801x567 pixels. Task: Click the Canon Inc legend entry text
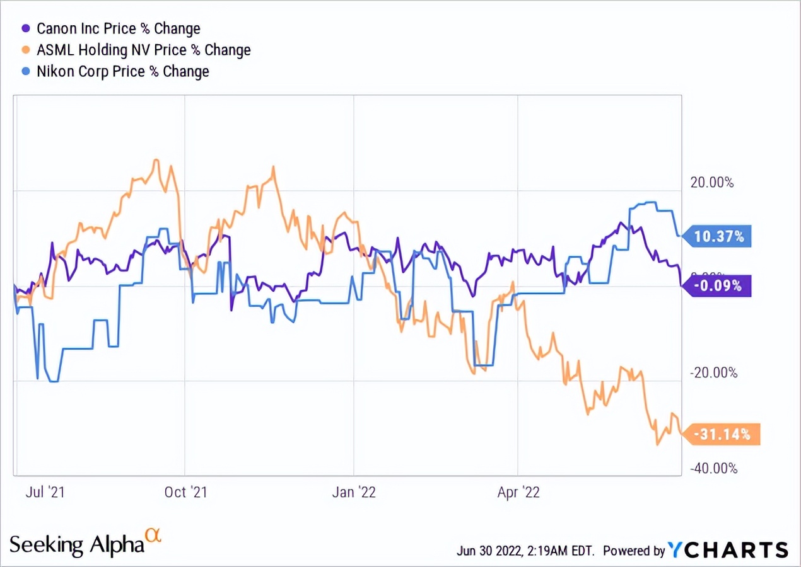[x=119, y=29]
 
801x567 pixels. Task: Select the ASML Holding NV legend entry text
[x=144, y=50]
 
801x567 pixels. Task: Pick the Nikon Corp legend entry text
[x=123, y=71]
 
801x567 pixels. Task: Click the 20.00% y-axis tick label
[x=713, y=183]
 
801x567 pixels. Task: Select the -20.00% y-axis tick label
[x=713, y=373]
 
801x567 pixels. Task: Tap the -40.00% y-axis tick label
[x=713, y=469]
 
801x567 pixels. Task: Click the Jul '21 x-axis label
[x=45, y=492]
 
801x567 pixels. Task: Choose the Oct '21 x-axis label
[x=185, y=492]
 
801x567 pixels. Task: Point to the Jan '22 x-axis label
[x=354, y=492]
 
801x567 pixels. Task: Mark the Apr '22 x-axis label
[x=518, y=492]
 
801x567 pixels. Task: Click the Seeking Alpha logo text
[x=77, y=545]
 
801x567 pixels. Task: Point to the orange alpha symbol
[x=153, y=535]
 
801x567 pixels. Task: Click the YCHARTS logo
[x=728, y=549]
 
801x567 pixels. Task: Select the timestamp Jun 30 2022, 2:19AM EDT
[x=525, y=551]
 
